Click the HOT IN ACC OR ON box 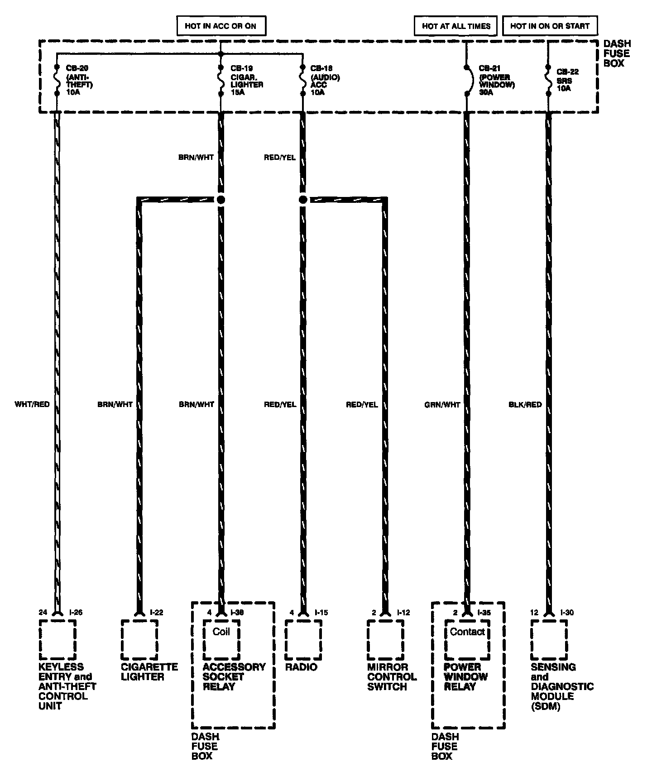(x=221, y=26)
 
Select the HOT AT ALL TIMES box (x=456, y=26)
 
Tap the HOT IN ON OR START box (x=550, y=26)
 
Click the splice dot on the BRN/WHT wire (x=221, y=200)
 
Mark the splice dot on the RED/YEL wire (x=303, y=200)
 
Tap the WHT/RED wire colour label (x=32, y=404)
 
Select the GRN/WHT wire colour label (x=442, y=405)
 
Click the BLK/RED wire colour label (x=525, y=405)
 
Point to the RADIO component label (x=301, y=667)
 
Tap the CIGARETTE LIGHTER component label (x=149, y=672)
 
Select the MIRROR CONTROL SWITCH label (x=392, y=677)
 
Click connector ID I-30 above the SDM (x=567, y=613)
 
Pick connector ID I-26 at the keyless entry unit (x=76, y=613)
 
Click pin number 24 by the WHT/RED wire (x=43, y=613)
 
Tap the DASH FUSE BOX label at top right (x=616, y=53)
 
